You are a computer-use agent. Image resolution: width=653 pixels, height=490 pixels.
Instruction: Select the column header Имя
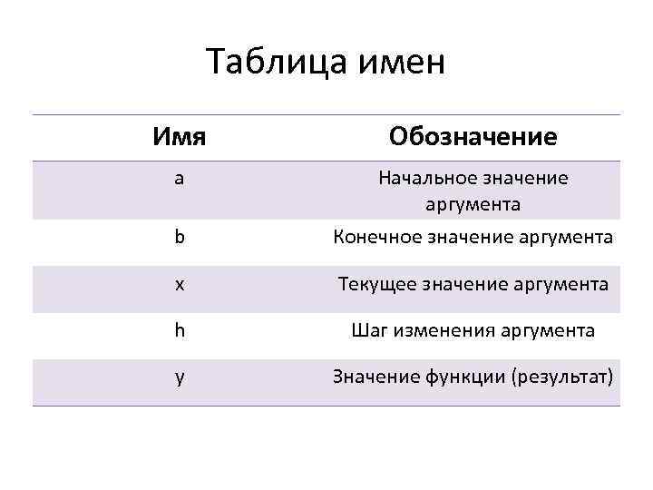click(179, 138)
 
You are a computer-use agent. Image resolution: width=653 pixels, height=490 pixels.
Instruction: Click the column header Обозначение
click(473, 138)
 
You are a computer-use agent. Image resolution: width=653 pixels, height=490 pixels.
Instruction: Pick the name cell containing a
click(180, 179)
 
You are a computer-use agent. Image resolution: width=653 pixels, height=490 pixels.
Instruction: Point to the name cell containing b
click(180, 238)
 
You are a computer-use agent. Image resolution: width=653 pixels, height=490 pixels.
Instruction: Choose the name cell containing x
click(180, 285)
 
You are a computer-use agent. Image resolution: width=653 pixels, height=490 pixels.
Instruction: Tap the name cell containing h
click(180, 330)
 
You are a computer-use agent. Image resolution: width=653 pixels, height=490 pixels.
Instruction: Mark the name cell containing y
click(180, 377)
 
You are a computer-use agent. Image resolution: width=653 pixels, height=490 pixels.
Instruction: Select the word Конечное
click(375, 238)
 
